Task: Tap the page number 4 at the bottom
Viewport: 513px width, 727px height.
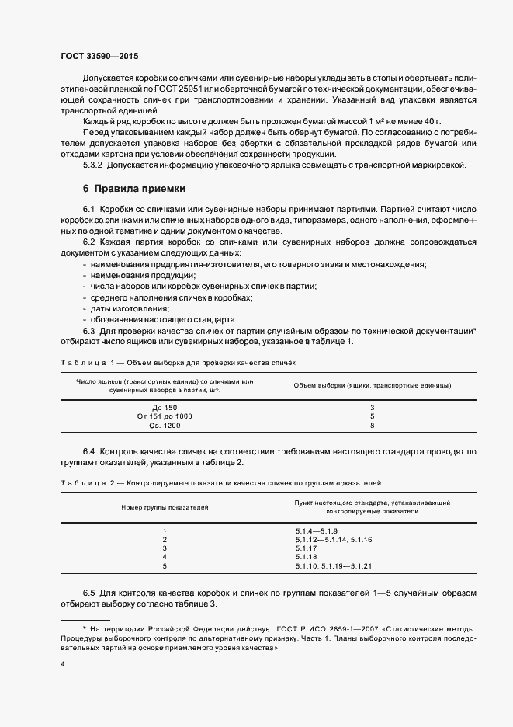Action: tap(62, 665)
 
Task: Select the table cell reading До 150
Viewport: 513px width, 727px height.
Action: tap(165, 408)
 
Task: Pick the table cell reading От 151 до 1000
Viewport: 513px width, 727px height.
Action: tap(165, 416)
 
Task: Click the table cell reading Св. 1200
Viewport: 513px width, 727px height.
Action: tap(165, 426)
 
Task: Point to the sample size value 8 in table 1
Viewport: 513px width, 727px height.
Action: tap(372, 426)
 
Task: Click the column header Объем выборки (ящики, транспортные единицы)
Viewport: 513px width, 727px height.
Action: tap(373, 386)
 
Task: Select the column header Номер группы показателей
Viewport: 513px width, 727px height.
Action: tap(165, 507)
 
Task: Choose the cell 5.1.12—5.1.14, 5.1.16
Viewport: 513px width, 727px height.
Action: tap(334, 539)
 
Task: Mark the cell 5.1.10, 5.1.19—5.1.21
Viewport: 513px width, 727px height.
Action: tap(334, 567)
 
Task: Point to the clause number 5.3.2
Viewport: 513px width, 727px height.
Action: tap(93, 165)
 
